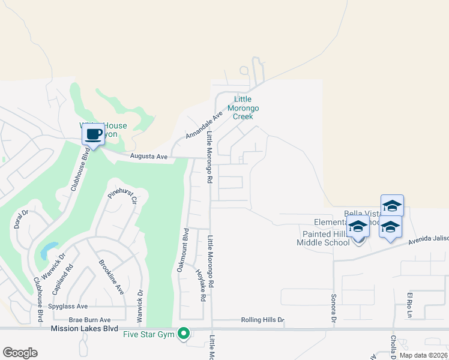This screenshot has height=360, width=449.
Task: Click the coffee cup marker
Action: [92, 134]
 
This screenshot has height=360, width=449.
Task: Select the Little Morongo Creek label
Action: [246, 108]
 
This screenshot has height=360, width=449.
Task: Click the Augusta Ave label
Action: [149, 157]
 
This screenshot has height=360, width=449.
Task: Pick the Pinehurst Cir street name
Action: [123, 197]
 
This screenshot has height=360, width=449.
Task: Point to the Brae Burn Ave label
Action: [90, 320]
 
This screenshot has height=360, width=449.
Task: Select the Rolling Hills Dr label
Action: [262, 320]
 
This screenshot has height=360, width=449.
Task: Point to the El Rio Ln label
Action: [411, 305]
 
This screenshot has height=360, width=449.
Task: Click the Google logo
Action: [20, 352]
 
